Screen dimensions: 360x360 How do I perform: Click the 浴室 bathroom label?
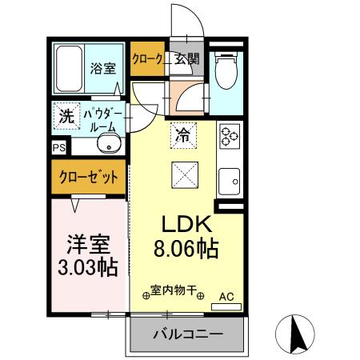[102, 68]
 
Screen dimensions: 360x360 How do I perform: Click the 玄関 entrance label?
[188, 58]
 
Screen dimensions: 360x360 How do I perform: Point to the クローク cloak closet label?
[149, 58]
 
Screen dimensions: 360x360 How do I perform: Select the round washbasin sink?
[107, 146]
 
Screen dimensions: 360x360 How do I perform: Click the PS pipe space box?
[59, 147]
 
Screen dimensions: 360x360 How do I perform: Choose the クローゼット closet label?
[90, 176]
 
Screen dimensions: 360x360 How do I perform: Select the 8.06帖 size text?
[186, 248]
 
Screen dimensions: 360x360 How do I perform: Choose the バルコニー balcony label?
[187, 334]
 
